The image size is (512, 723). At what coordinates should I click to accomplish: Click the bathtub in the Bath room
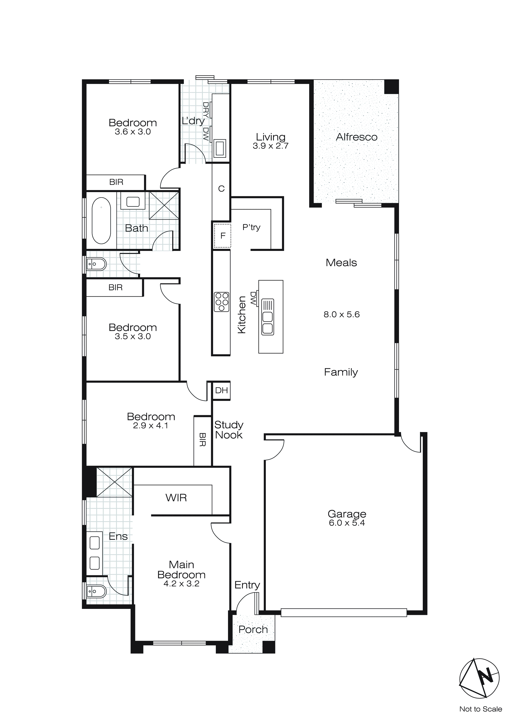point(101,221)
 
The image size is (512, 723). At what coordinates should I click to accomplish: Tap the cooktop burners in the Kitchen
point(221,302)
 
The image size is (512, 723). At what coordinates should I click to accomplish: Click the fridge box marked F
point(223,236)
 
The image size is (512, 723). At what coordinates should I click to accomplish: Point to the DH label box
point(221,390)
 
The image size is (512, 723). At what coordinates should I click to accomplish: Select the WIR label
point(176,498)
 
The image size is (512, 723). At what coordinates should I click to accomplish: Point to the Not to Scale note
point(480,709)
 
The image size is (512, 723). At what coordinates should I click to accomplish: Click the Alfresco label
point(356,137)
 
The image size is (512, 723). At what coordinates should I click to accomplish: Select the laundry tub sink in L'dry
point(220,148)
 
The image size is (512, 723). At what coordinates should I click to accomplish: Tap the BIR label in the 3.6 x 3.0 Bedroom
point(116,182)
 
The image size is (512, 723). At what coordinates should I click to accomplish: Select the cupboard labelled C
point(221,189)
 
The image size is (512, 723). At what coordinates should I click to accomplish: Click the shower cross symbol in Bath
point(164,205)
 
